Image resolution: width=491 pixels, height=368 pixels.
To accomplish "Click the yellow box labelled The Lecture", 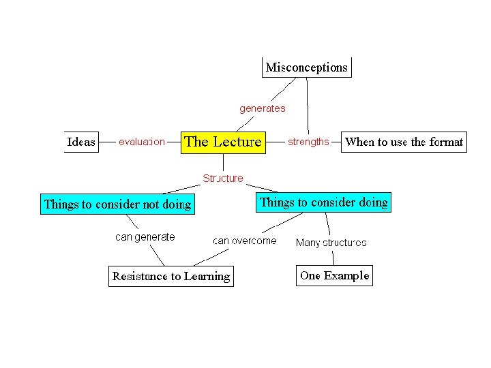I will point(222,142).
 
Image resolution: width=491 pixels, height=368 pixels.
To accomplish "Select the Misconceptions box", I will point(306,67).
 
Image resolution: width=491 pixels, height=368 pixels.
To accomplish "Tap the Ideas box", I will point(81,142).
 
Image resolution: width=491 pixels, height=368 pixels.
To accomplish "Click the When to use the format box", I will point(404,142).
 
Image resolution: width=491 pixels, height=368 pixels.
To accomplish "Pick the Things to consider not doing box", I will point(117,204).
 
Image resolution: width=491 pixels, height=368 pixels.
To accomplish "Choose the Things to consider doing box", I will point(324,202).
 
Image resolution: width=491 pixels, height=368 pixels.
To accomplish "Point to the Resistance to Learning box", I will point(170,276).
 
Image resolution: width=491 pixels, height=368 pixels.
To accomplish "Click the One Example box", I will point(334,275).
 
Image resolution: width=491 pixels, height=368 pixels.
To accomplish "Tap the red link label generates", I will point(262,108).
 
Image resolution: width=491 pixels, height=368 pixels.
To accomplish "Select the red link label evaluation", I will point(142,142).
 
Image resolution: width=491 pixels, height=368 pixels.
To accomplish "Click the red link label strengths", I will point(308,142).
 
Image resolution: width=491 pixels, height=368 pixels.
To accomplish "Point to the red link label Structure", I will point(222,179).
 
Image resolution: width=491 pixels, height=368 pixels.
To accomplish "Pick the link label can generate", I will point(145,237).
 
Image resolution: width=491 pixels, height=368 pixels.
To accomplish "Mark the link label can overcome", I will point(245,241).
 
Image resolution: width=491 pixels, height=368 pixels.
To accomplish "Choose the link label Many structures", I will point(331,243).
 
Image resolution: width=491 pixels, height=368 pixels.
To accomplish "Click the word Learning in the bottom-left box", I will point(207,276).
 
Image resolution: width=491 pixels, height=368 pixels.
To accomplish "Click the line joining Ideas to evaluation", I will point(107,142).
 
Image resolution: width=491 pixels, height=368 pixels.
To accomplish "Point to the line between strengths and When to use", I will point(335,142).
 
